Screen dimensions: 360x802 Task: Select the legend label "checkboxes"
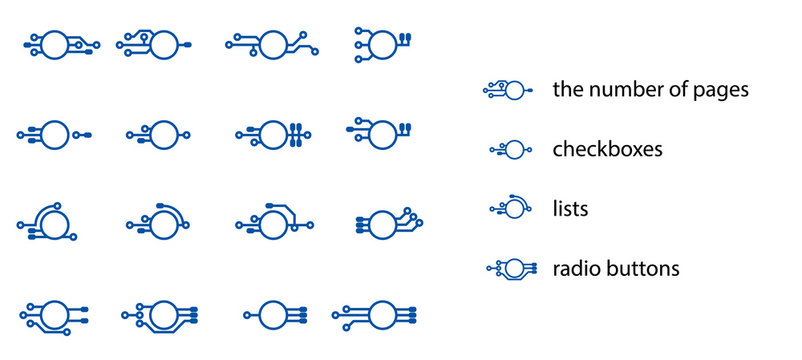[608, 150]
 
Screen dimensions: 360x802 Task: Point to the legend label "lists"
[570, 209]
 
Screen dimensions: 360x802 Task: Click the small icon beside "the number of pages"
[507, 90]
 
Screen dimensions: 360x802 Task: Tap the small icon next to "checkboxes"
[510, 150]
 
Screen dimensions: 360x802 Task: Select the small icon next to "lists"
[510, 208]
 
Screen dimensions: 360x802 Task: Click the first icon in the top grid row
[60, 43]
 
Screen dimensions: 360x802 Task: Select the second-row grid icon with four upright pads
[270, 133]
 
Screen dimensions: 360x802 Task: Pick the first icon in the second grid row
[55, 133]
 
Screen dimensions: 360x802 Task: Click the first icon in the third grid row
[50, 223]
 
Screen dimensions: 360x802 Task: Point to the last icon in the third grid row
[385, 223]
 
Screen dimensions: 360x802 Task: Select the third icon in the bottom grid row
[273, 314]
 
